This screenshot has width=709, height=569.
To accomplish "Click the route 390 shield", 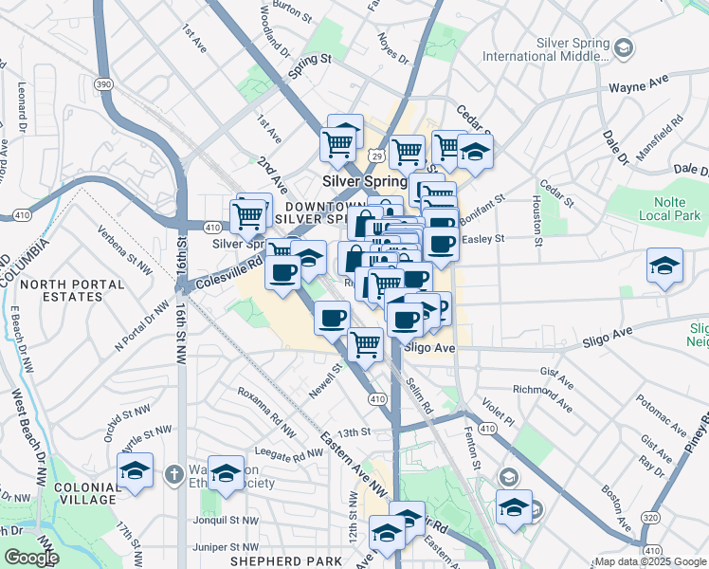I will point(103,85).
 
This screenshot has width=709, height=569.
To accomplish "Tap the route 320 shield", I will point(650,518).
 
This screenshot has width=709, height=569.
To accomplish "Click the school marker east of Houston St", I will point(665,266).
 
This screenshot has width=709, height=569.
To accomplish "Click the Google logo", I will point(31,558).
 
